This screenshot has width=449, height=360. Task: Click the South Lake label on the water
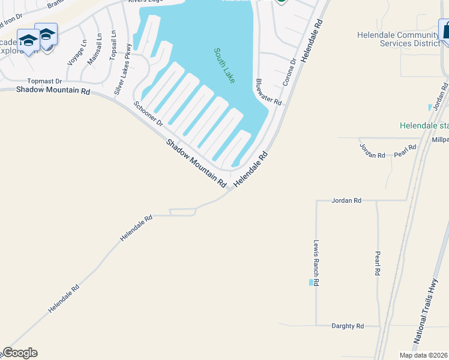tap(224, 65)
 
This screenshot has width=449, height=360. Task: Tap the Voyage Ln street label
tap(77, 52)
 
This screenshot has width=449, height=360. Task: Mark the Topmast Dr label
tap(45, 81)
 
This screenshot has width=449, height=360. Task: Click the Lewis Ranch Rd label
tap(316, 263)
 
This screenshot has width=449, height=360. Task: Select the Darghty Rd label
tap(348, 326)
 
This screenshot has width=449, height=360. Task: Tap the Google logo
tap(20, 353)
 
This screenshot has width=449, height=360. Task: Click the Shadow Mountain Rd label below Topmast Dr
tap(53, 91)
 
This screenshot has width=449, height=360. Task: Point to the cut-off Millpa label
tap(439, 139)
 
